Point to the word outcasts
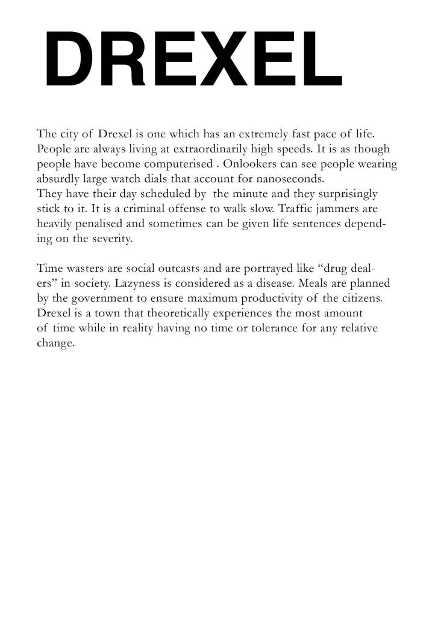coord(169,268)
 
